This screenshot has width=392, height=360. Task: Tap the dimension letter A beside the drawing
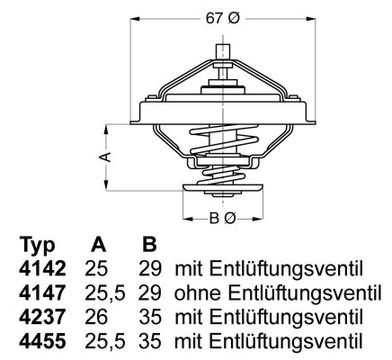pyautogui.click(x=105, y=156)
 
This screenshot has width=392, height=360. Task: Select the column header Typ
pyautogui.click(x=37, y=246)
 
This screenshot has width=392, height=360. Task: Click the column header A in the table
pyautogui.click(x=99, y=246)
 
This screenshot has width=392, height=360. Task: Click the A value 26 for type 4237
pyautogui.click(x=96, y=318)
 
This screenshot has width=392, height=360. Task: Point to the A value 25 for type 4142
pyautogui.click(x=96, y=269)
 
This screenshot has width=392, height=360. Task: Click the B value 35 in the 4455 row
pyautogui.click(x=151, y=342)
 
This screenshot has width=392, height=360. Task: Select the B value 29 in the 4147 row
pyautogui.click(x=151, y=293)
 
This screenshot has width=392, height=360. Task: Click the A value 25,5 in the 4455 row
pyautogui.click(x=104, y=342)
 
